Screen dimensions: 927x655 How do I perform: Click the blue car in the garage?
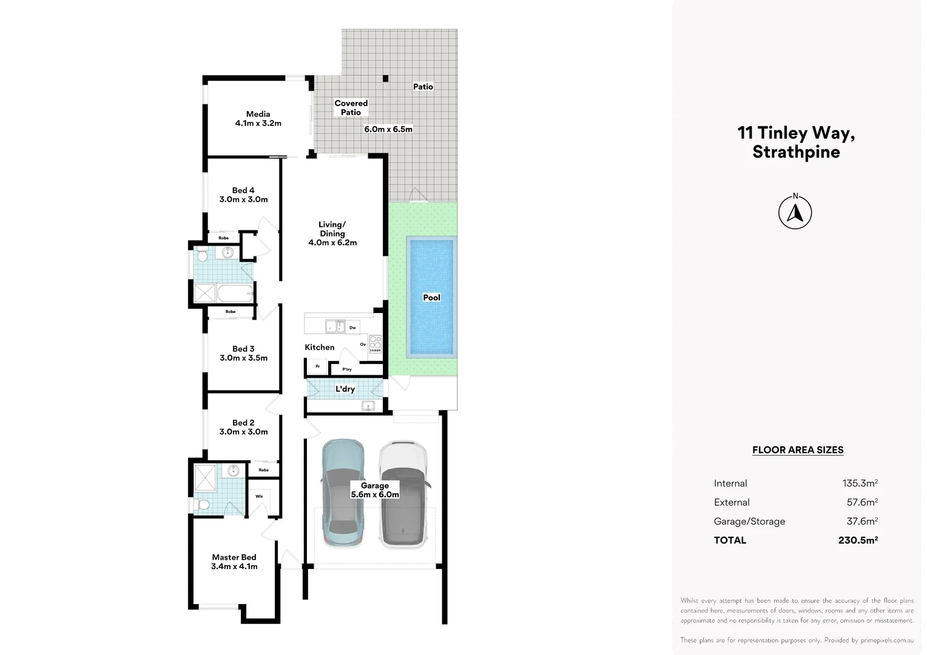[343, 493]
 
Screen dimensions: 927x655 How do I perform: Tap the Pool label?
[431, 298]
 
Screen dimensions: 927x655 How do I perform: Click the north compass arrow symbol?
[795, 212]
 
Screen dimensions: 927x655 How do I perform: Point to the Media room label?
[258, 118]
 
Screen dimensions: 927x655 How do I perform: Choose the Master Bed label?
[234, 562]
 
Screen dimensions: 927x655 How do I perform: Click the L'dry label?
[345, 389]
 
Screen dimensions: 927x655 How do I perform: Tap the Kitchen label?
[320, 347]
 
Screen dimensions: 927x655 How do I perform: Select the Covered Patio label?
[351, 107]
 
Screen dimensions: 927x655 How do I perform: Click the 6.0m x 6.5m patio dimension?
[388, 129]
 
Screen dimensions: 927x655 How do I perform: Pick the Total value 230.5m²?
[858, 540]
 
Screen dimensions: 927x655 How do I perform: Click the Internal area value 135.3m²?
[860, 483]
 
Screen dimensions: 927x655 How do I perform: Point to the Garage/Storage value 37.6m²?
[862, 521]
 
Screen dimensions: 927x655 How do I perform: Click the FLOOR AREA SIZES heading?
[797, 450]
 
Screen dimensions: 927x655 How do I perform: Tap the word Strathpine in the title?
[796, 152]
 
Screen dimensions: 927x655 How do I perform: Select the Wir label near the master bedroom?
[259, 496]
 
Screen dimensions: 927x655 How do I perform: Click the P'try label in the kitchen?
[347, 369]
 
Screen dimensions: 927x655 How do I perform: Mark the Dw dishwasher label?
[352, 327]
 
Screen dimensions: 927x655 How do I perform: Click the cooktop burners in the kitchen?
[376, 344]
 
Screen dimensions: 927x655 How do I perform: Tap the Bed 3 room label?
[243, 354]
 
